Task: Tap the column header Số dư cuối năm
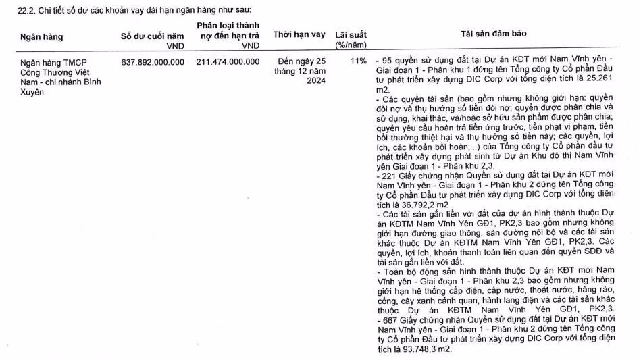(x=152, y=36)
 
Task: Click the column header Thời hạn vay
(x=299, y=35)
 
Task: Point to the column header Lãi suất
(x=351, y=35)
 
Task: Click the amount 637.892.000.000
(x=152, y=62)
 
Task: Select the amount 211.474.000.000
(x=228, y=62)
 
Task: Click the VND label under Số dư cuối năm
(x=175, y=46)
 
